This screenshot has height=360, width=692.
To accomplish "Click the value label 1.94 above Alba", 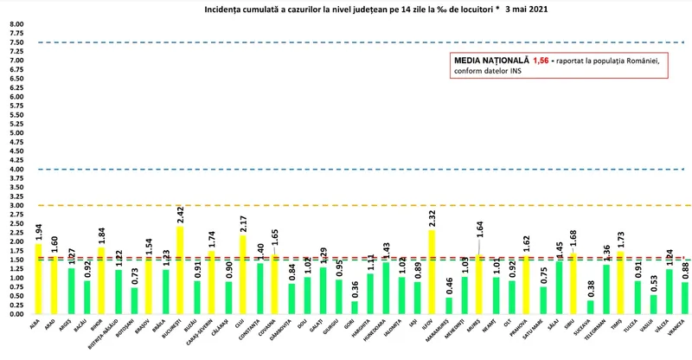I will click(x=39, y=231).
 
